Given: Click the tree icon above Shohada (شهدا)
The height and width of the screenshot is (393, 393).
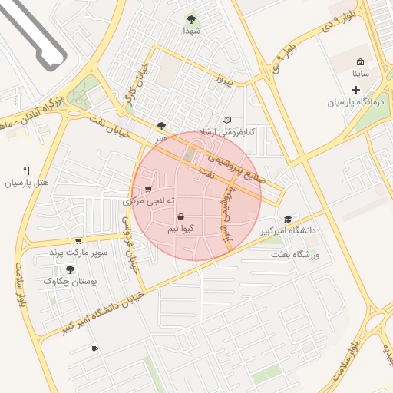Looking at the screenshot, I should click(x=191, y=18).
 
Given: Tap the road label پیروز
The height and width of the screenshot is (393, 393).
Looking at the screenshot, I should click(x=222, y=79).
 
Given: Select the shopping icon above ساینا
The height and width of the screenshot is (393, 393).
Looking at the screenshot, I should click(x=361, y=62).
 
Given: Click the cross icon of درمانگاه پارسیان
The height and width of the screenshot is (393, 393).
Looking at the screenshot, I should click(x=355, y=90).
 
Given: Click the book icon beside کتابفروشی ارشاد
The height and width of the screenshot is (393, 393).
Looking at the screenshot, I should click(x=226, y=120).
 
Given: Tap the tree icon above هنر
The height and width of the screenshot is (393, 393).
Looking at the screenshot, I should click(x=160, y=126).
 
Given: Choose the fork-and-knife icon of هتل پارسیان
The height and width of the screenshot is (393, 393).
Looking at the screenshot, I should click(x=27, y=170).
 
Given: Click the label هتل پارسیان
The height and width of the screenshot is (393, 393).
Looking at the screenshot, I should click(x=27, y=183).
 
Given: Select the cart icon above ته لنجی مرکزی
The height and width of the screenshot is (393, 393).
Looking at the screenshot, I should click(x=148, y=189).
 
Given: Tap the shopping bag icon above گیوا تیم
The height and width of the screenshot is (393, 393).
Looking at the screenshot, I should click(x=180, y=217).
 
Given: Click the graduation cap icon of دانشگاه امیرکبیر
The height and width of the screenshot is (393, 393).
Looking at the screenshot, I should click(x=288, y=219).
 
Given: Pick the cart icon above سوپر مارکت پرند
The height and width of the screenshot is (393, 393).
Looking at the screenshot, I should click(x=78, y=240).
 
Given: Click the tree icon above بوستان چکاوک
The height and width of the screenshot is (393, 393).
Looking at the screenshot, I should click(x=71, y=269).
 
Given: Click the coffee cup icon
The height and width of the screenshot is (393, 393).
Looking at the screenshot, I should click(x=94, y=348).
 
